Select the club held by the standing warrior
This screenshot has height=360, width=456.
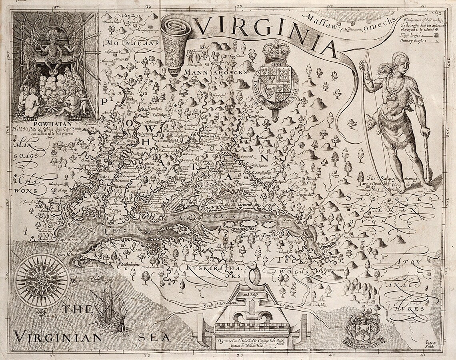[x=427, y=156]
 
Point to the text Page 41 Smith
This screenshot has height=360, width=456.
[x=430, y=344]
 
